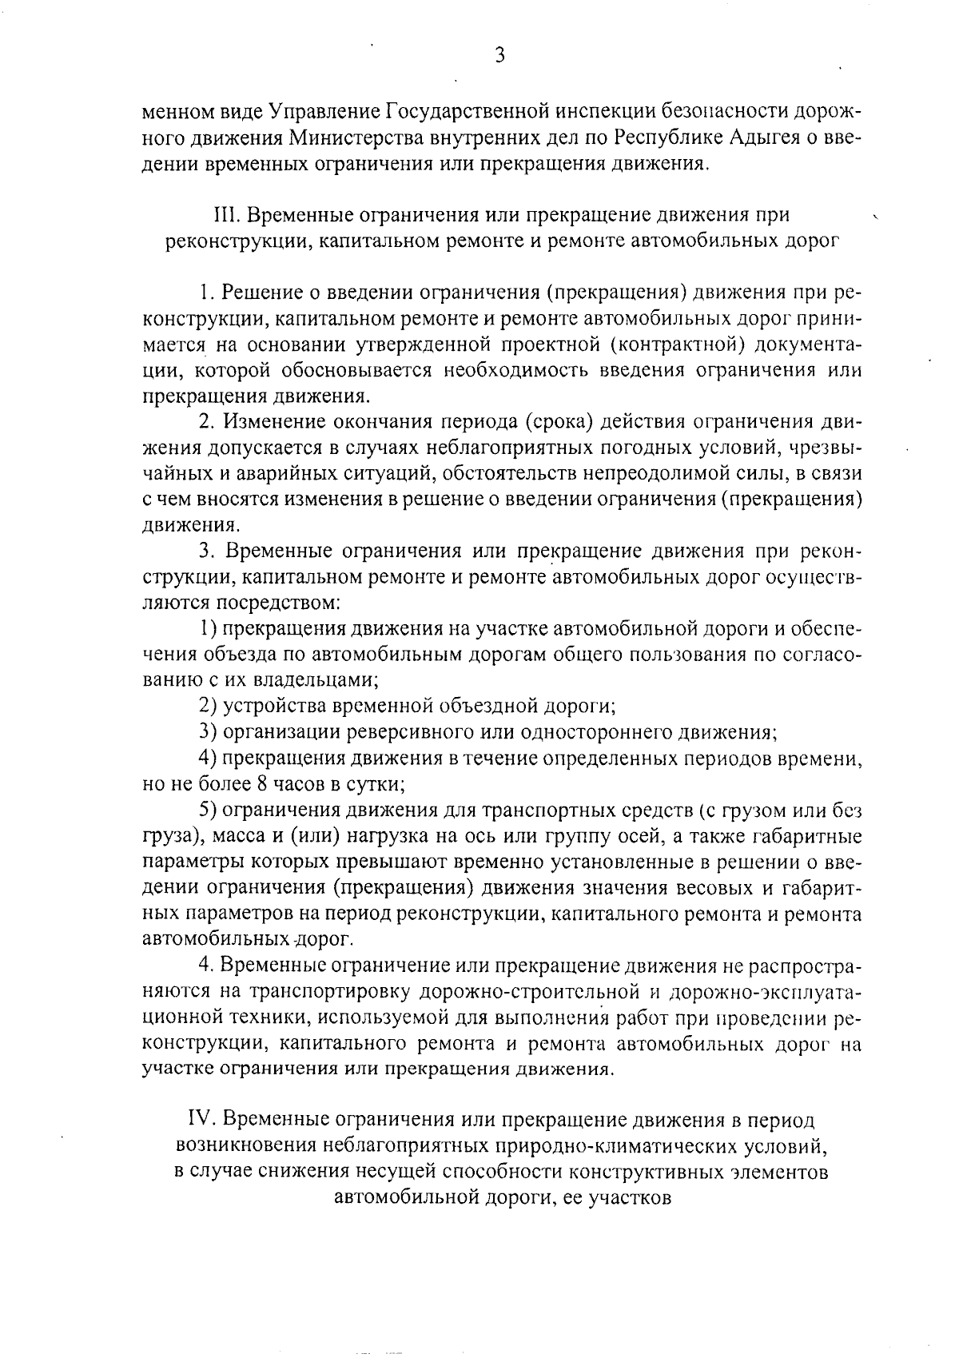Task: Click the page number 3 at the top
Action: (499, 55)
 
